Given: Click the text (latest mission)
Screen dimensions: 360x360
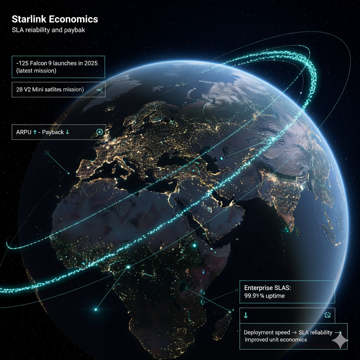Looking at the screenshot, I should point(36,71).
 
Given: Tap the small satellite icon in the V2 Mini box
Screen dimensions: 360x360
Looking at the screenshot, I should point(99,90).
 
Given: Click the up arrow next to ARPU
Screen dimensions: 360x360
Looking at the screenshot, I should point(34,132).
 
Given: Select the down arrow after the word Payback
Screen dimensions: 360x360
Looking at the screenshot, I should point(67,132).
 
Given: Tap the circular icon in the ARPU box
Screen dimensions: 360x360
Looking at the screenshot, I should point(99,132).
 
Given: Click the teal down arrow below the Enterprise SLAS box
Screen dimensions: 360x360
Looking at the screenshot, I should point(245,315).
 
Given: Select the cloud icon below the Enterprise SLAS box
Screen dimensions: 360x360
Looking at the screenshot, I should point(328,315).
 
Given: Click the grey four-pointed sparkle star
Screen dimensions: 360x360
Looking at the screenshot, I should point(340,341).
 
